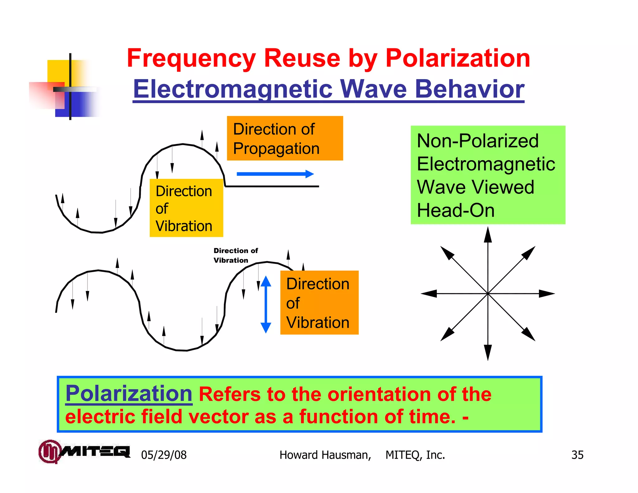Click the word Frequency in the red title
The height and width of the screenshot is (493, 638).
pyautogui.click(x=191, y=59)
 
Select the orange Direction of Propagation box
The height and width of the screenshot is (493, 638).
pyautogui.click(x=285, y=138)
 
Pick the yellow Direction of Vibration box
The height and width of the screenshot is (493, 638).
pyautogui.click(x=186, y=208)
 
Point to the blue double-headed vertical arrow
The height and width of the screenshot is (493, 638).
pyautogui.click(x=266, y=304)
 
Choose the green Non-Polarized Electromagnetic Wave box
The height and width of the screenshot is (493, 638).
pyautogui.click(x=488, y=175)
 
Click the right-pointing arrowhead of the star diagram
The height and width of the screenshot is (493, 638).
pyautogui.click(x=547, y=294)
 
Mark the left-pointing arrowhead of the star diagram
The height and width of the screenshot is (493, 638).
pyautogui.click(x=429, y=294)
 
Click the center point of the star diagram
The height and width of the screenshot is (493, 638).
pyautogui.click(x=488, y=294)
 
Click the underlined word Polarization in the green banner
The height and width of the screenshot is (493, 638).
pyautogui.click(x=129, y=394)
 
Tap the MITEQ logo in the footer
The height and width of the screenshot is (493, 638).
pyautogui.click(x=84, y=452)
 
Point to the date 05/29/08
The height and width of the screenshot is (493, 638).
pyautogui.click(x=164, y=455)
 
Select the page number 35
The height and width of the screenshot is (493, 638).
pyautogui.click(x=577, y=455)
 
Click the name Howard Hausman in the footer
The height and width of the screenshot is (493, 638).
pyautogui.click(x=325, y=455)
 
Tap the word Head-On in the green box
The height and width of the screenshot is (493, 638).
pyautogui.click(x=455, y=210)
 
